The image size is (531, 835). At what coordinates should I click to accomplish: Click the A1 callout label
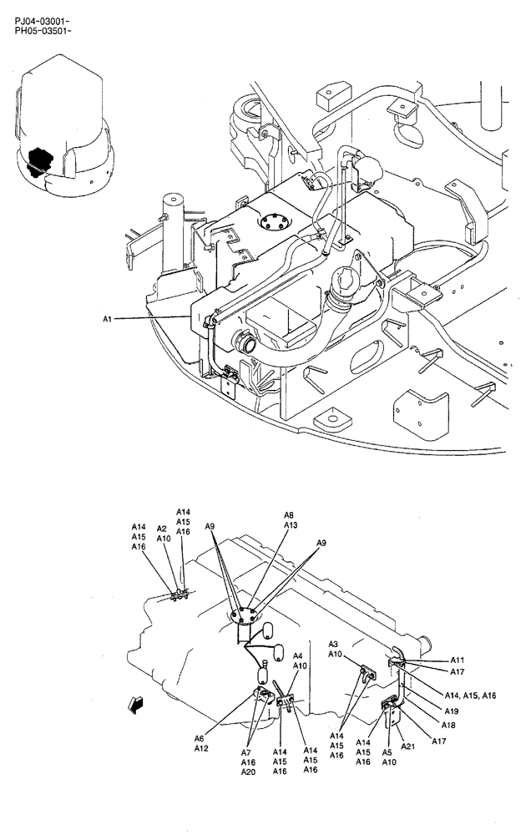[x=109, y=318]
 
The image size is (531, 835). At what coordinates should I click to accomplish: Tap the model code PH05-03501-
[x=43, y=31]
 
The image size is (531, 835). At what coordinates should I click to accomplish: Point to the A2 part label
[x=162, y=529]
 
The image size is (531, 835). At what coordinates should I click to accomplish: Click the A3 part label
[x=332, y=644]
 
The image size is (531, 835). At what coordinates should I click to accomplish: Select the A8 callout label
[x=289, y=515]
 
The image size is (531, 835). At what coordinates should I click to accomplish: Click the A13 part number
[x=290, y=525]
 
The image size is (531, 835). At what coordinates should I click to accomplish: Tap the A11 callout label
[x=457, y=659]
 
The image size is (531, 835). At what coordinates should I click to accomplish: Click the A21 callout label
[x=408, y=746]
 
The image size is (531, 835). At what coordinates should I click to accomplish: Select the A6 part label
[x=200, y=737]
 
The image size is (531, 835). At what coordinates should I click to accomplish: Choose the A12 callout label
[x=201, y=748]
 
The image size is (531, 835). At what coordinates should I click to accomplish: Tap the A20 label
[x=248, y=772]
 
